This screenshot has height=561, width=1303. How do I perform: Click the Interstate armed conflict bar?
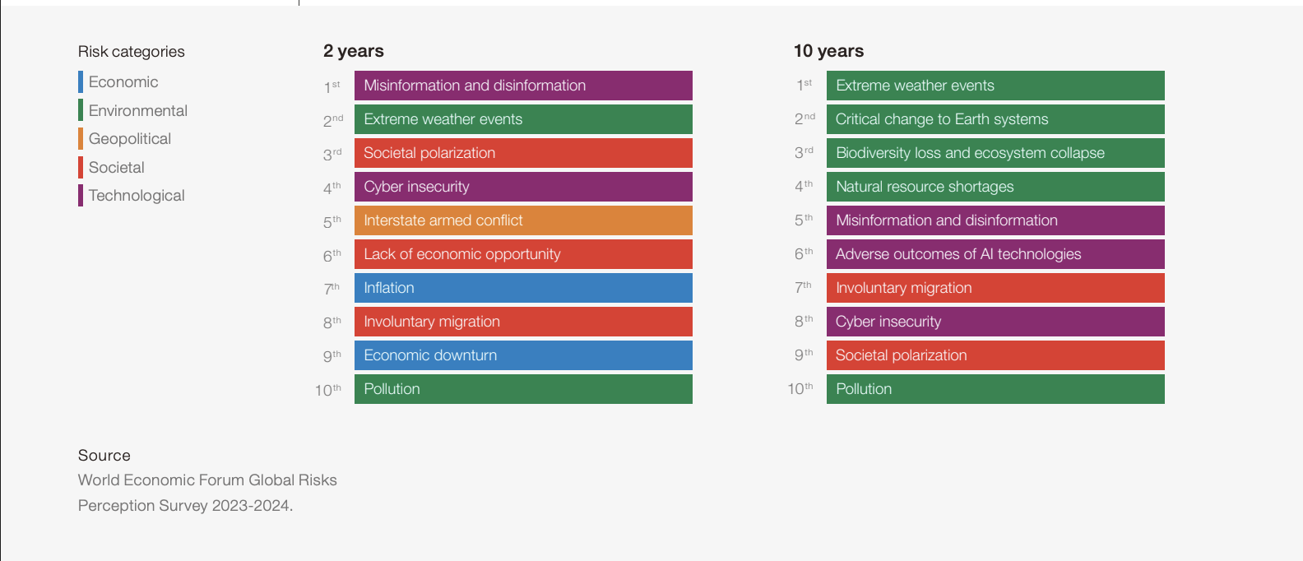point(523,220)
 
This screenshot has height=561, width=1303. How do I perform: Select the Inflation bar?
point(523,288)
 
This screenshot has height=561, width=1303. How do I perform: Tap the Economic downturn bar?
point(523,355)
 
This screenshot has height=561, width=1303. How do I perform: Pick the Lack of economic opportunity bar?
point(523,254)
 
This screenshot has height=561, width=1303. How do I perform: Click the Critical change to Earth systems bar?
point(995,119)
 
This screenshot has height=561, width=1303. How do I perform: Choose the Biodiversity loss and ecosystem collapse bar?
point(995,153)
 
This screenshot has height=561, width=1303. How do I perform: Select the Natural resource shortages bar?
point(995,187)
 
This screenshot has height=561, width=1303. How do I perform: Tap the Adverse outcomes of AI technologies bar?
point(995,254)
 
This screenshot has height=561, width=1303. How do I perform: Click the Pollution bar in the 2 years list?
point(523,389)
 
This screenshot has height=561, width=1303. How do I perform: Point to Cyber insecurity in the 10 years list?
point(995,322)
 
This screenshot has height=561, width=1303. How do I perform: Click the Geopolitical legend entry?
point(130,139)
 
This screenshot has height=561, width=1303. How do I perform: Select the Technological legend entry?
point(137,196)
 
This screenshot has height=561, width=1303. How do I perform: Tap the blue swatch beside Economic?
point(81,82)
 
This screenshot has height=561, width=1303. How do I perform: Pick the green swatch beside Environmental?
point(81,110)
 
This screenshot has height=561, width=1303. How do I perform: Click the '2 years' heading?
point(354,51)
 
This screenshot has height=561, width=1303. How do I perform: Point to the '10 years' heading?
point(828,51)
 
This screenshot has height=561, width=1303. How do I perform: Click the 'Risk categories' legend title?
point(132,52)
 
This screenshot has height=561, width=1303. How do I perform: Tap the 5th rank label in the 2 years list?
point(332,221)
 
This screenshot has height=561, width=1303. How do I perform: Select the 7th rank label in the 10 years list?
point(803,288)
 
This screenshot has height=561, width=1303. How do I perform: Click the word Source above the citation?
point(104,456)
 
